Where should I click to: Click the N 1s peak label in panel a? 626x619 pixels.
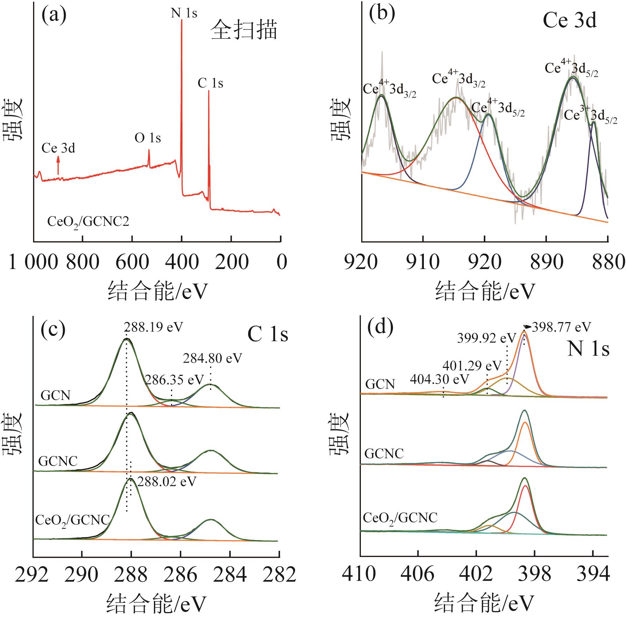click(x=184, y=13)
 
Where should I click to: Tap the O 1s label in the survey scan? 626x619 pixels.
click(x=148, y=138)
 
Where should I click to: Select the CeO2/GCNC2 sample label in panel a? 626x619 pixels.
click(x=88, y=222)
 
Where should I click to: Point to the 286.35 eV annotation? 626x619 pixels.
click(x=174, y=380)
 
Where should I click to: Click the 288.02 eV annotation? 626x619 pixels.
click(x=167, y=481)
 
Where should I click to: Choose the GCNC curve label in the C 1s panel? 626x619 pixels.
click(x=58, y=461)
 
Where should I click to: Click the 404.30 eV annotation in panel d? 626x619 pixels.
click(x=439, y=380)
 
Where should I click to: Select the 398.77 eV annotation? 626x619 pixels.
click(x=561, y=327)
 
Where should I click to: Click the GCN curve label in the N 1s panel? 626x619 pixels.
click(x=380, y=384)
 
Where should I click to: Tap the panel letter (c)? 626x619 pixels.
click(x=53, y=329)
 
